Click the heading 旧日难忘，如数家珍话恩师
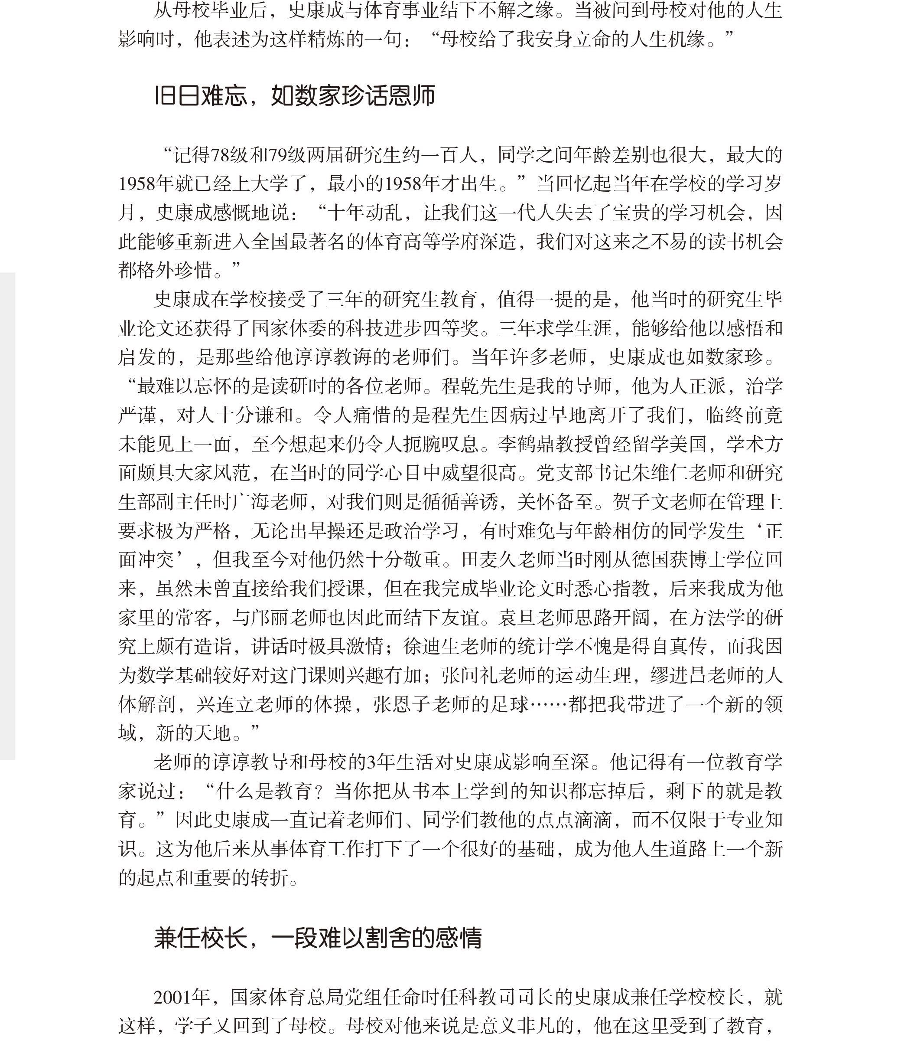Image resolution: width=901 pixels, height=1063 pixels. click(295, 95)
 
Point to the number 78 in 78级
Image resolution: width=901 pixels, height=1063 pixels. click(220, 155)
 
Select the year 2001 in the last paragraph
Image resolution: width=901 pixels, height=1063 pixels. click(174, 997)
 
